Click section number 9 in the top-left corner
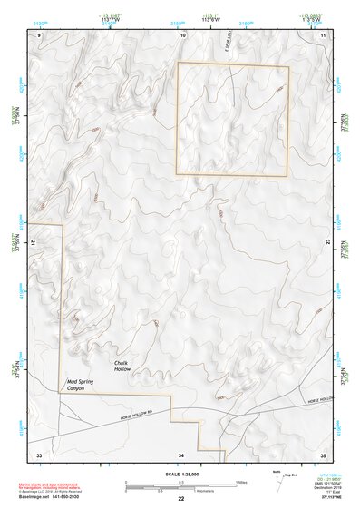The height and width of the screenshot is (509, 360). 39,34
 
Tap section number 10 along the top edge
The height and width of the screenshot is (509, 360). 183,34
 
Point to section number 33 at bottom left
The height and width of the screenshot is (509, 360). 39,454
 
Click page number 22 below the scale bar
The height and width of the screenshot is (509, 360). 181,499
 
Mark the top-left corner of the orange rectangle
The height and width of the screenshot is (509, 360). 178,63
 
